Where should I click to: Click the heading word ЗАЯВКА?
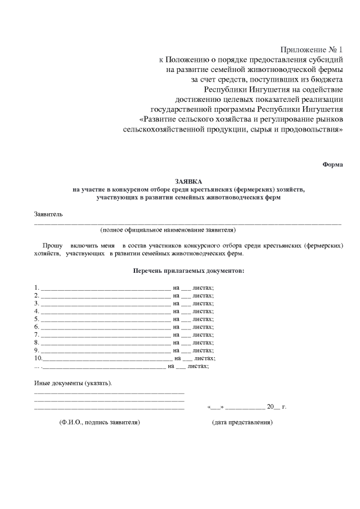188,181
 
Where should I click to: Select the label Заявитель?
49,214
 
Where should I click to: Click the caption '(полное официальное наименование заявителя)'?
168,229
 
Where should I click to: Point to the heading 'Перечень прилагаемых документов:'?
188,271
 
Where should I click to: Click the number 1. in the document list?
37,287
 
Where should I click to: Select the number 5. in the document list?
37,319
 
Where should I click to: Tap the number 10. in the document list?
38,358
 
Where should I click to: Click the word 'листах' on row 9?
202,350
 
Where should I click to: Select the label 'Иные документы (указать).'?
73,383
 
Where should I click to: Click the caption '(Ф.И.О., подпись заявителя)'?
99,422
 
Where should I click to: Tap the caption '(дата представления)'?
242,422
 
